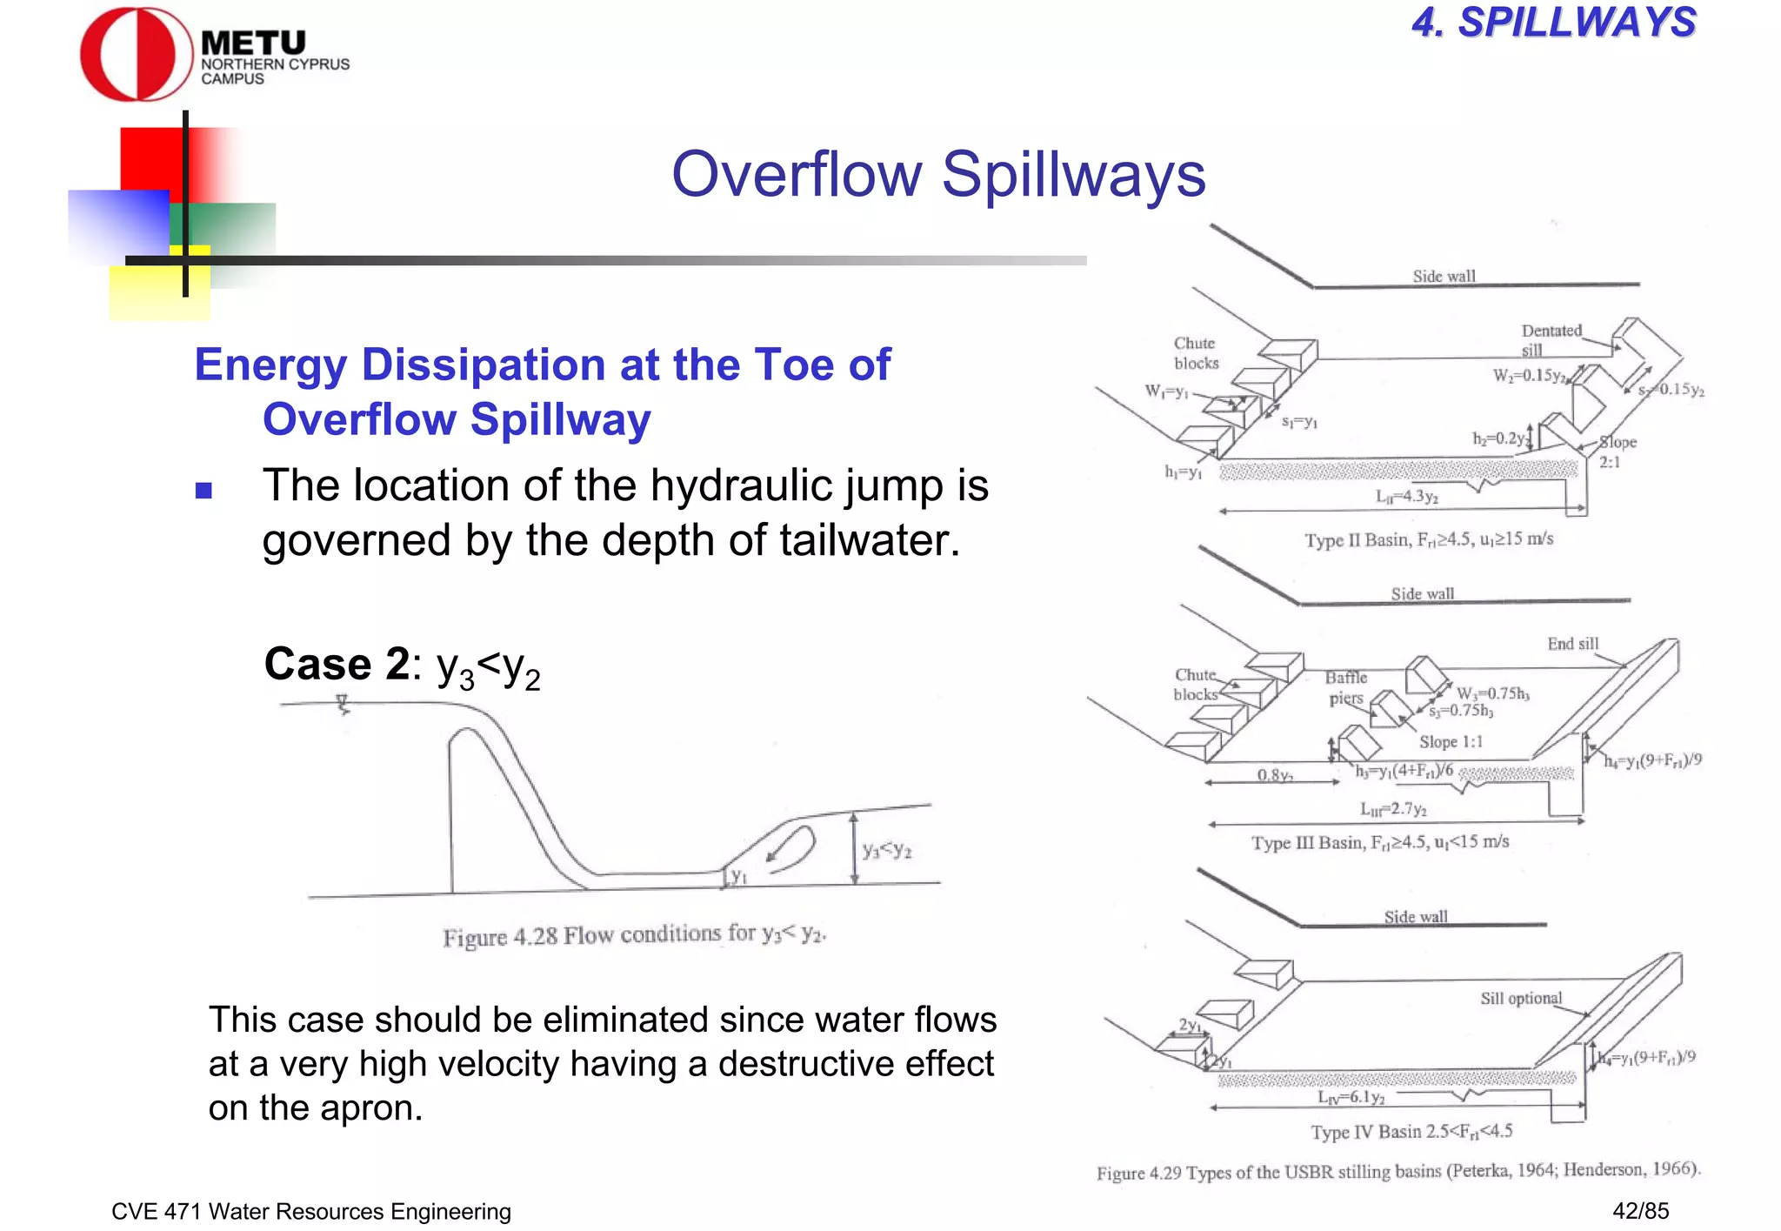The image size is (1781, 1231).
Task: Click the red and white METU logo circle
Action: [136, 55]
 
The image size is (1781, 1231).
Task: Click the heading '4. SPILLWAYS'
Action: [1553, 23]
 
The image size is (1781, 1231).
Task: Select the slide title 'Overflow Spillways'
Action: [938, 174]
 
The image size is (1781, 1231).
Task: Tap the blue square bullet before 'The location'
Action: [203, 491]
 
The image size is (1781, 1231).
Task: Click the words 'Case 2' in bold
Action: [337, 665]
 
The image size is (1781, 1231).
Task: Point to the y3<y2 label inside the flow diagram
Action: [886, 850]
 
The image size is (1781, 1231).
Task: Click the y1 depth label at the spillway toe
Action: [737, 876]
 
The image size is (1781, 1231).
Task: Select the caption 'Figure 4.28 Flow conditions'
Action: [634, 935]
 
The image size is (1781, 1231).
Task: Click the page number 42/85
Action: [1640, 1210]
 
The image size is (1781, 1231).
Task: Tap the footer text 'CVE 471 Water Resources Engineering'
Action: [311, 1211]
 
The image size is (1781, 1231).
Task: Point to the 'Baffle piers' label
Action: [1345, 687]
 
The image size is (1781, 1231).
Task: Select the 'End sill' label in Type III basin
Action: [1572, 644]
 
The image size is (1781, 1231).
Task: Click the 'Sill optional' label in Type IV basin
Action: [1521, 998]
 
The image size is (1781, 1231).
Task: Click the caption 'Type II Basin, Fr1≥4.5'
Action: [1428, 539]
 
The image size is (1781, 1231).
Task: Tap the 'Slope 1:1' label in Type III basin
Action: [1451, 741]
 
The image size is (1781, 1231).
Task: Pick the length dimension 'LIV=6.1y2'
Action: [1351, 1097]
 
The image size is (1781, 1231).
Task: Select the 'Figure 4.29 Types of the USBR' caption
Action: [1397, 1171]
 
